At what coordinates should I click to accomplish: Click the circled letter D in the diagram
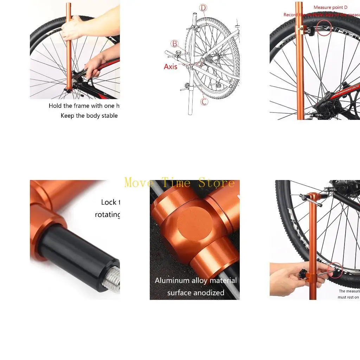click(203, 8)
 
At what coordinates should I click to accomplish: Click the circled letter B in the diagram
click(175, 44)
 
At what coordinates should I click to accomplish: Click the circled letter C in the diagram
click(204, 102)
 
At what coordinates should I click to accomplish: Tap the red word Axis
click(171, 67)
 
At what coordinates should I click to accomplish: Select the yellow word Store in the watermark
click(216, 183)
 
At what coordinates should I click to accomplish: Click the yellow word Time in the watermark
click(176, 183)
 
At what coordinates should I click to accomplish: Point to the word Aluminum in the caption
click(171, 281)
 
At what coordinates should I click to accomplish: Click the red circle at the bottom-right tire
click(335, 270)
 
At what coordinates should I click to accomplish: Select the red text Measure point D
click(330, 7)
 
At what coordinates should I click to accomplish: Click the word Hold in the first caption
click(55, 106)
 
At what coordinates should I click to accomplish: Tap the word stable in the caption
click(109, 116)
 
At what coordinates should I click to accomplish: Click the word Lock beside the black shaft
click(109, 202)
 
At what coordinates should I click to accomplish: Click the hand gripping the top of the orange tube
click(72, 28)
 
